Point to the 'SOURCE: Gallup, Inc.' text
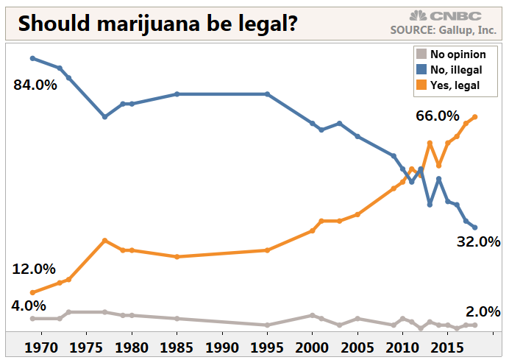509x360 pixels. point(446,30)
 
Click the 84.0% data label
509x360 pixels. point(35,85)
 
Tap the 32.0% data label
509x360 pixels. point(478,241)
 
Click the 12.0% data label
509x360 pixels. point(35,269)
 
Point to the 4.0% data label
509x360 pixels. point(29,305)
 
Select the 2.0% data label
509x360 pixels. point(483,311)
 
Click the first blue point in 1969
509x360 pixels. point(32,58)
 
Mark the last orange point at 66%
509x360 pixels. point(475,117)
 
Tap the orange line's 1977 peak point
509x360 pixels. point(105,241)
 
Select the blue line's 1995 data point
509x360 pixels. point(267,94)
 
